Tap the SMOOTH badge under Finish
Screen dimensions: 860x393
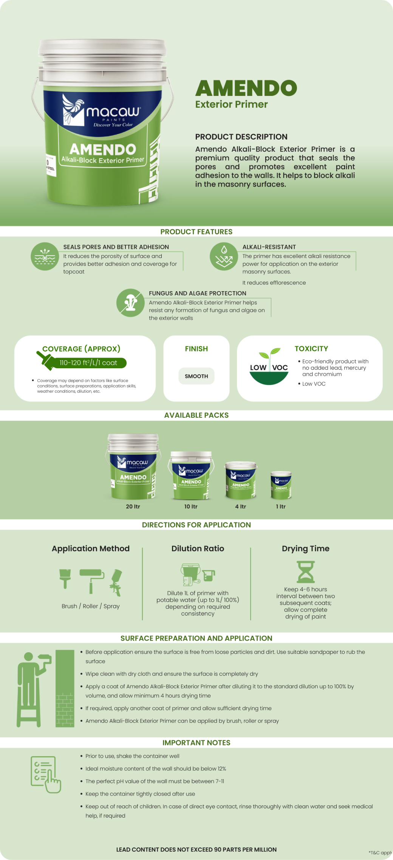[x=196, y=376]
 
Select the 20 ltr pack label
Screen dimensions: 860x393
[x=133, y=506]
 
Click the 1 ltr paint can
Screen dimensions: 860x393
[x=281, y=485]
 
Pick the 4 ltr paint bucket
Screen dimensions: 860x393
[x=241, y=480]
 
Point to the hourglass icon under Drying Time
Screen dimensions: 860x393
[x=306, y=572]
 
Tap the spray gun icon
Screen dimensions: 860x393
[x=116, y=582]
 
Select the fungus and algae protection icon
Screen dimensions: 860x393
[x=130, y=303]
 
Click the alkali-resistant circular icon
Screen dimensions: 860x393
[x=224, y=256]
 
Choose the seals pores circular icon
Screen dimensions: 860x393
[x=45, y=256]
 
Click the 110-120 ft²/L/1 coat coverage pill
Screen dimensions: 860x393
[x=88, y=363]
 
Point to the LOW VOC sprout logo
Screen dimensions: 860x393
[x=269, y=366]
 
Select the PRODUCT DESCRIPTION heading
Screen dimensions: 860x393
[x=241, y=137]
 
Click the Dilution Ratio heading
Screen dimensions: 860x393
[x=198, y=548]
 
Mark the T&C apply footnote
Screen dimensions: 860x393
[x=380, y=852]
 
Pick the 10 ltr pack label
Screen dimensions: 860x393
[x=191, y=506]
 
